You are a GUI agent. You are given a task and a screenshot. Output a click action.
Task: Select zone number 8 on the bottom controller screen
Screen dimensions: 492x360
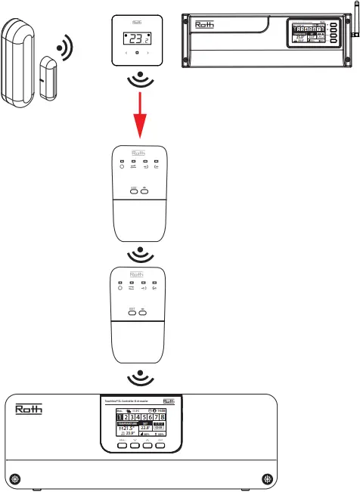click(x=163, y=417)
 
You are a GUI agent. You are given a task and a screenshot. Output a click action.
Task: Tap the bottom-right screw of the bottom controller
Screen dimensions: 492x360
click(x=265, y=478)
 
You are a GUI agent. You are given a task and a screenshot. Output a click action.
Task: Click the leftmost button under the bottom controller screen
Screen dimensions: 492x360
click(x=121, y=444)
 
